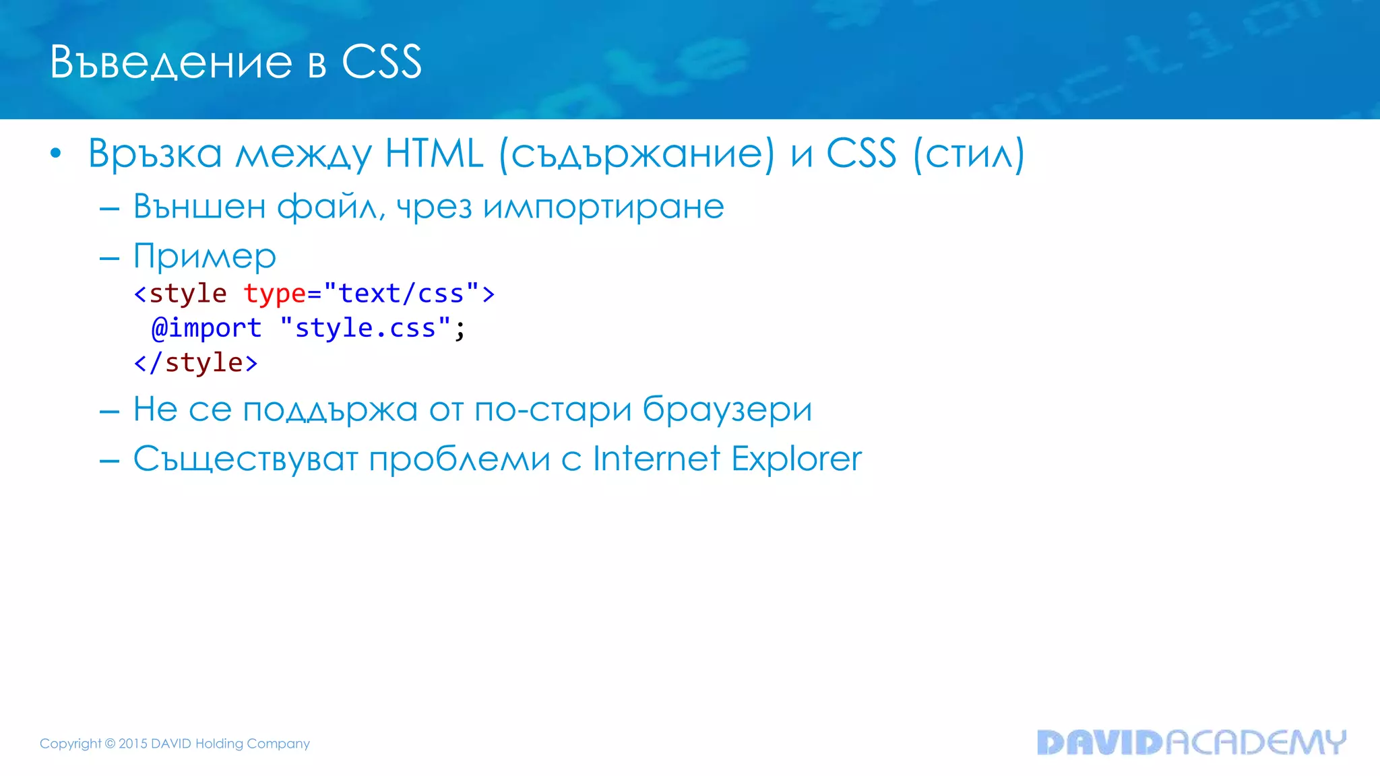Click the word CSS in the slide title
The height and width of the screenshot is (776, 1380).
click(381, 62)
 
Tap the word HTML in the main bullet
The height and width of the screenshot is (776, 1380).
click(434, 154)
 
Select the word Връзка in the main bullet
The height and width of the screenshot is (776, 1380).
click(155, 154)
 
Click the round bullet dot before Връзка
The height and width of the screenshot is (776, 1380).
click(56, 154)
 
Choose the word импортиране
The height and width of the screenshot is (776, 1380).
click(603, 206)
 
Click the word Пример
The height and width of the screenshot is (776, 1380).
click(205, 257)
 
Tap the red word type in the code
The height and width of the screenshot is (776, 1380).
click(275, 294)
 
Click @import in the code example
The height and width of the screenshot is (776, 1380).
click(207, 328)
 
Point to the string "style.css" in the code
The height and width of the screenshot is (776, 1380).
click(365, 328)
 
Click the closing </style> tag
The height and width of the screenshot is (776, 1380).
click(196, 363)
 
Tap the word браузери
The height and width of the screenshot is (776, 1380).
click(727, 409)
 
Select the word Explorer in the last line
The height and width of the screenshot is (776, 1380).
click(796, 459)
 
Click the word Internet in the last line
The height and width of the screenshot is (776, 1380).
click(656, 459)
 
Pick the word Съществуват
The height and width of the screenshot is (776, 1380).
click(245, 460)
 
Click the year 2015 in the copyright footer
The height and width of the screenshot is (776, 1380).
click(133, 744)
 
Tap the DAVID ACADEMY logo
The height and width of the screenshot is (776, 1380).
click(1191, 742)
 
